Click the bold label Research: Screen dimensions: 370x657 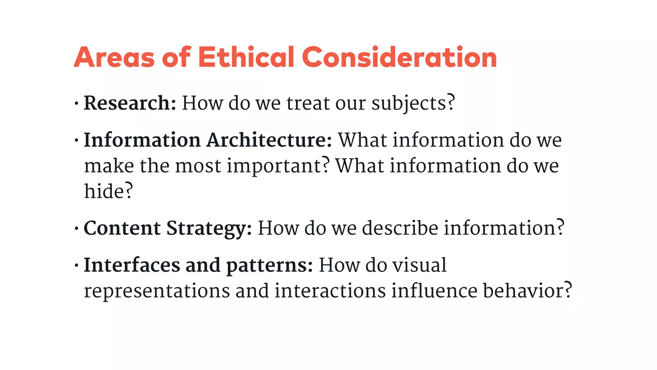130,103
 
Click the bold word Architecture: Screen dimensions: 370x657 269,140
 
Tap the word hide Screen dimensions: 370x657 104,191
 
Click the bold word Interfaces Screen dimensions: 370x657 132,265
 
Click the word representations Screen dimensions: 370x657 157,291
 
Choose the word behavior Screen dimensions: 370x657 523,291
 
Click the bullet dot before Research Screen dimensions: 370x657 76,104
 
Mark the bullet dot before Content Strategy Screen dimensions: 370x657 76,229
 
